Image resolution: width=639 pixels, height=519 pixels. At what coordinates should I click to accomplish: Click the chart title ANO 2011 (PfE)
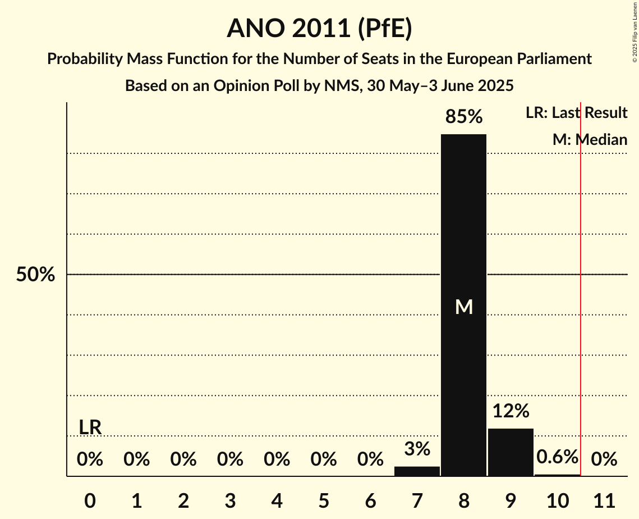pos(319,29)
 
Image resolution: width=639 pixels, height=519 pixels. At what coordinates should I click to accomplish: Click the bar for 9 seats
pos(511,452)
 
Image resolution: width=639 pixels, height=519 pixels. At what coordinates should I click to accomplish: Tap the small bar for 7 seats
pos(417,471)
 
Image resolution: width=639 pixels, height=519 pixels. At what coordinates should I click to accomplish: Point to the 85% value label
pos(463,117)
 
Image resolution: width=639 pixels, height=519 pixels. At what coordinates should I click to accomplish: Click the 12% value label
pos(511,411)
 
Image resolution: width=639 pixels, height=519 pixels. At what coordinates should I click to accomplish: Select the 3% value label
pos(417,449)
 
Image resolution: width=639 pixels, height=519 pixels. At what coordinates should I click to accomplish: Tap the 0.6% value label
pos(557,457)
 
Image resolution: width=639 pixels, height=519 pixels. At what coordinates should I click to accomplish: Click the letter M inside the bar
pos(463,307)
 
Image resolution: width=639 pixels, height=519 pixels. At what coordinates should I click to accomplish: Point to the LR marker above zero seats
pos(90,427)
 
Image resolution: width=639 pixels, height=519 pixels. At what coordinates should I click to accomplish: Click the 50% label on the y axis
pos(35,275)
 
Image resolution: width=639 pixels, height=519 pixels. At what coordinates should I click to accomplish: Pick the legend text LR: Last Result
pos(576,113)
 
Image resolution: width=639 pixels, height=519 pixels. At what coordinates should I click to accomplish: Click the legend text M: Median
pos(589,139)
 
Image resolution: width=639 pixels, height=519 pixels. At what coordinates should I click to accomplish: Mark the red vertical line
pos(581,292)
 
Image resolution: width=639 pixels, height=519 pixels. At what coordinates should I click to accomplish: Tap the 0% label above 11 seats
pos(604,459)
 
